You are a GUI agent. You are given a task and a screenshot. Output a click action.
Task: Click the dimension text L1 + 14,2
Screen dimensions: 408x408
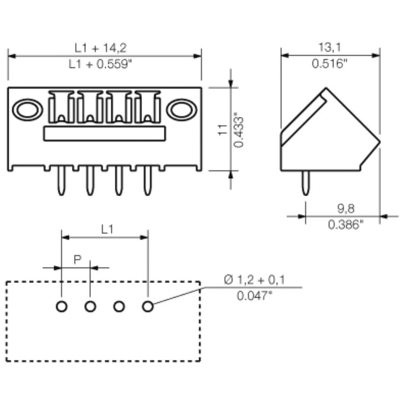(x=100, y=48)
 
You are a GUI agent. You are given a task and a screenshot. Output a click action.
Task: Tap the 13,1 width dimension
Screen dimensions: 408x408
(x=329, y=48)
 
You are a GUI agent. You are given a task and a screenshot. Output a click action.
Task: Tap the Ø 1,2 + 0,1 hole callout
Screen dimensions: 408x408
(x=254, y=279)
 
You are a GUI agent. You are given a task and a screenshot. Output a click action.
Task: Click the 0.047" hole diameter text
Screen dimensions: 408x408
(x=254, y=295)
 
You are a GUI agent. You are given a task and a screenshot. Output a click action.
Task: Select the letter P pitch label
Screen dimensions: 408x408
(x=77, y=260)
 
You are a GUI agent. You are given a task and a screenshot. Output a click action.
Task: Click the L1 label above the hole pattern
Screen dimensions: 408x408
(x=107, y=230)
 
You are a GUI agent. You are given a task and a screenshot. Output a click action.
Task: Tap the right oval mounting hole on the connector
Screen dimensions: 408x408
(x=182, y=110)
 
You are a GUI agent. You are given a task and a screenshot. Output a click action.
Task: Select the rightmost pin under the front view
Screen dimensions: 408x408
(x=148, y=181)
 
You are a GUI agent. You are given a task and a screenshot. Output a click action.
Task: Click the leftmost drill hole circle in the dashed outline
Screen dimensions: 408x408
(x=61, y=307)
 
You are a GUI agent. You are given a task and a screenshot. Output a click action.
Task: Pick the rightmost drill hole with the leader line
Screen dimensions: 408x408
(x=148, y=307)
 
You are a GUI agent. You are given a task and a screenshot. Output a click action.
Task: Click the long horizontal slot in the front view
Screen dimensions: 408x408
(x=105, y=134)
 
